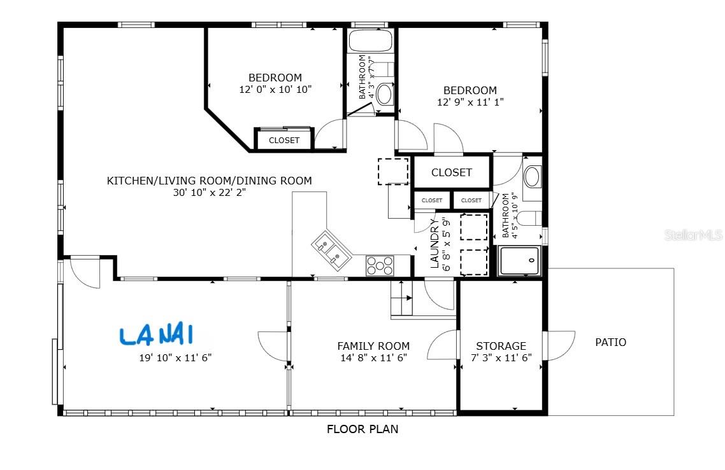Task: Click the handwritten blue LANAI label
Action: click(156, 335)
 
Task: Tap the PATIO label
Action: click(610, 342)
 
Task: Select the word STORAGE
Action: click(501, 346)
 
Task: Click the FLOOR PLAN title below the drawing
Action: click(362, 429)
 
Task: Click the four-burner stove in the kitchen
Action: click(380, 265)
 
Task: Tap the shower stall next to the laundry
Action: click(519, 261)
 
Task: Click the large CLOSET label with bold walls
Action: click(452, 172)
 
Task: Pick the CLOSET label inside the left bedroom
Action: click(284, 141)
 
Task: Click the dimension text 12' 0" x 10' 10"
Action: click(275, 90)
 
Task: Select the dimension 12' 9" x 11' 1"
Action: click(470, 102)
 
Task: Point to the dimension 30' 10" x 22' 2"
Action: click(209, 192)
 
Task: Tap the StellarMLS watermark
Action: click(694, 235)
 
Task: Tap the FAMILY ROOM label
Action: click(373, 346)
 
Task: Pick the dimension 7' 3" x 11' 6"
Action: click(501, 357)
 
